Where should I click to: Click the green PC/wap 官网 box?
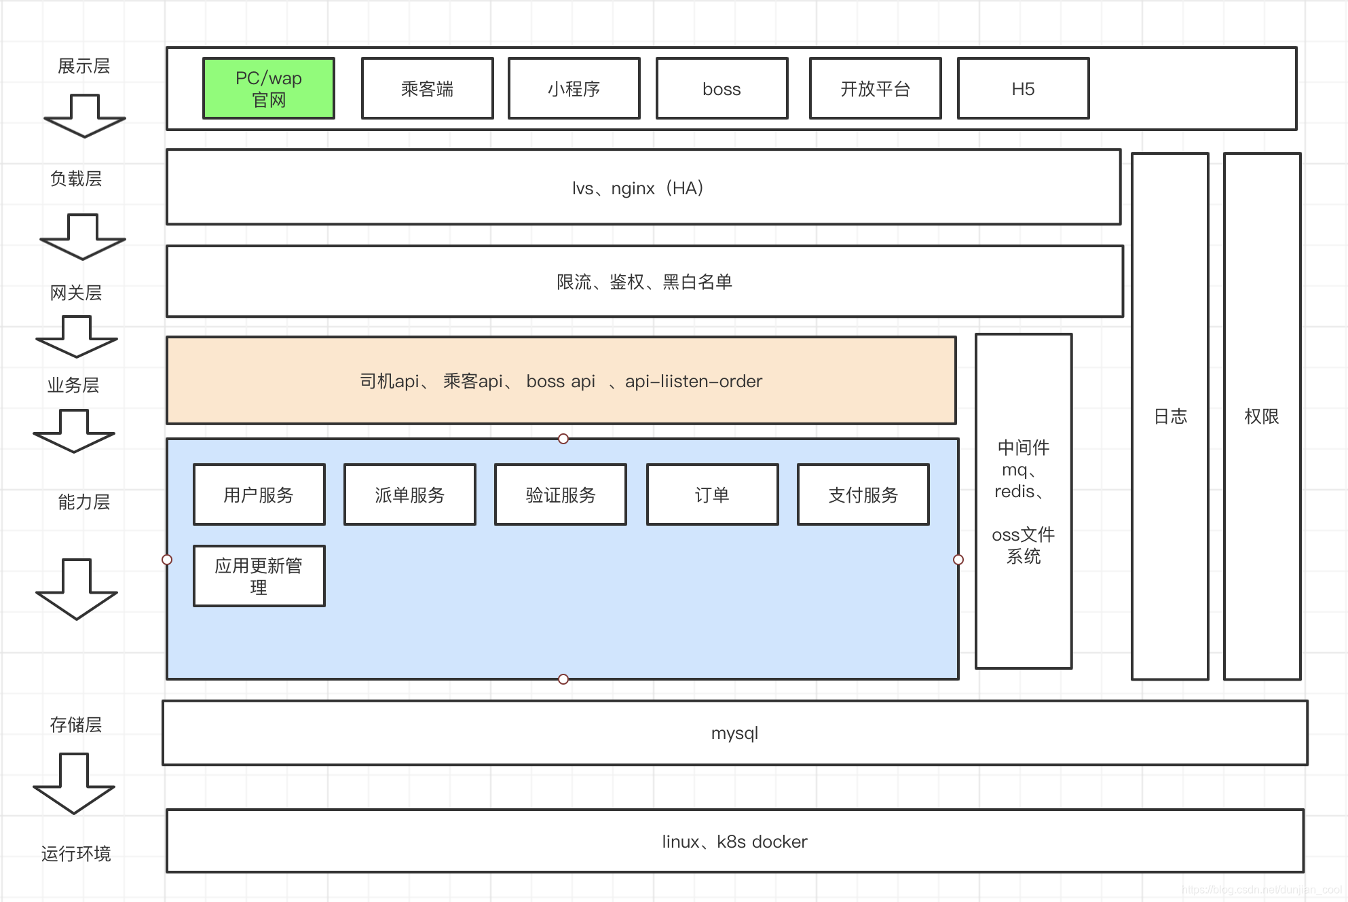click(x=269, y=89)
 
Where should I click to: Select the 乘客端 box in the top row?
click(x=427, y=89)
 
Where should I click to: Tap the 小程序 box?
click(x=574, y=89)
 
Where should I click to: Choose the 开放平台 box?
click(x=875, y=89)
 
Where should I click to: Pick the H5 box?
click(x=1023, y=89)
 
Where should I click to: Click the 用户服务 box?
click(x=259, y=495)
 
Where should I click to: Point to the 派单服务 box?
click(x=409, y=495)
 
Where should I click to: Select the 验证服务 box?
click(x=560, y=495)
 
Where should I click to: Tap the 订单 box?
click(x=712, y=495)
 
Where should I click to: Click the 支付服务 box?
click(x=863, y=495)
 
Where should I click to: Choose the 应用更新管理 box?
click(x=259, y=576)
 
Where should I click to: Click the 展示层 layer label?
click(x=83, y=67)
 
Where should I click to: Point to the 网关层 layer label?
click(x=76, y=293)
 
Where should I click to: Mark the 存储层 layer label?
click(x=76, y=725)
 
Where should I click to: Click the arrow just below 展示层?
click(x=84, y=116)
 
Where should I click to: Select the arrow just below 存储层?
click(x=74, y=783)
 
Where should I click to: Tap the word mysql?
click(x=734, y=734)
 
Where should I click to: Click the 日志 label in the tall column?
click(x=1170, y=416)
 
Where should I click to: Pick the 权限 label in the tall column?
click(x=1261, y=416)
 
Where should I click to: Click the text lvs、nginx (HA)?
click(x=638, y=188)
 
